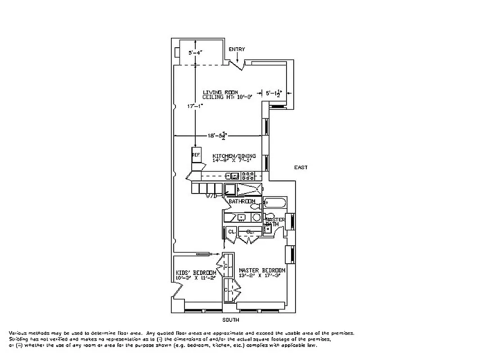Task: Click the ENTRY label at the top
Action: click(237, 49)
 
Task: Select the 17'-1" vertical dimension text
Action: click(195, 106)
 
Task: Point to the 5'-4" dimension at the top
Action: click(195, 53)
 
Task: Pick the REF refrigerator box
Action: click(196, 155)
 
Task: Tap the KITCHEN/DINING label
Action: click(234, 156)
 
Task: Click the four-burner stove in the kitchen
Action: click(248, 175)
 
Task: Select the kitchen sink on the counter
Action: click(232, 175)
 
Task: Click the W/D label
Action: click(211, 196)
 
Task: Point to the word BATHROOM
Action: click(242, 202)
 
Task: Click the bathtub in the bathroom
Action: click(275, 203)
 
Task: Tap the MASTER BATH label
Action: click(275, 221)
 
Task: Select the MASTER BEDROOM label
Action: click(262, 270)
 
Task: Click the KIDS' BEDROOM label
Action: click(196, 273)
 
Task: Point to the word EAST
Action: click(301, 167)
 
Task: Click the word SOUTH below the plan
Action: click(231, 320)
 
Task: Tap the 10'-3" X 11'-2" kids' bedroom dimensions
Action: click(196, 278)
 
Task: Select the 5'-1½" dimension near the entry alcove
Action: click(274, 94)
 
